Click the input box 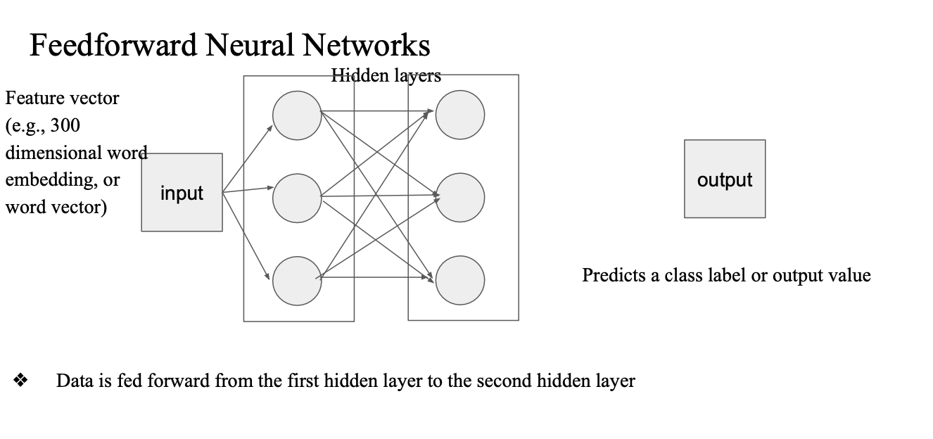[182, 192]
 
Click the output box [725, 179]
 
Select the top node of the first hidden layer [297, 115]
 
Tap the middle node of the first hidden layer [297, 198]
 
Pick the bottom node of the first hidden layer [297, 281]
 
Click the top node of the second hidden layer [460, 115]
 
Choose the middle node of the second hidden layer [460, 197]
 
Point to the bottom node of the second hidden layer [460, 281]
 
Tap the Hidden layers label [386, 75]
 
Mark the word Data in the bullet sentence [74, 381]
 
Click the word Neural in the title [250, 46]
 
